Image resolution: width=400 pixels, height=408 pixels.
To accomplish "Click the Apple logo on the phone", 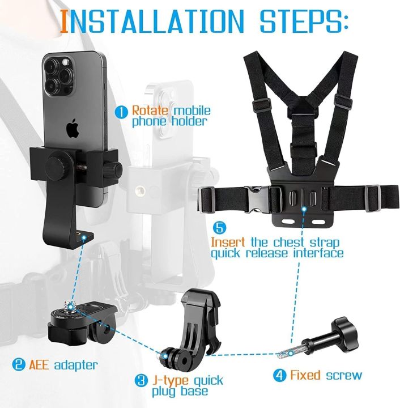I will click(x=73, y=129).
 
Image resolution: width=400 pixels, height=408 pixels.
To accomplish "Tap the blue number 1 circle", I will click(x=121, y=112).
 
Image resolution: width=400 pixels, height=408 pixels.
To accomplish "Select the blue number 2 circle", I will click(x=19, y=364).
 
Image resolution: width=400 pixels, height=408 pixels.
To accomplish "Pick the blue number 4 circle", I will click(x=279, y=375).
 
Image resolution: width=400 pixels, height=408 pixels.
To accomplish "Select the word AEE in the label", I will click(x=40, y=364).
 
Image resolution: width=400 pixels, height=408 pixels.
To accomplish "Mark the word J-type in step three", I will click(x=171, y=380).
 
